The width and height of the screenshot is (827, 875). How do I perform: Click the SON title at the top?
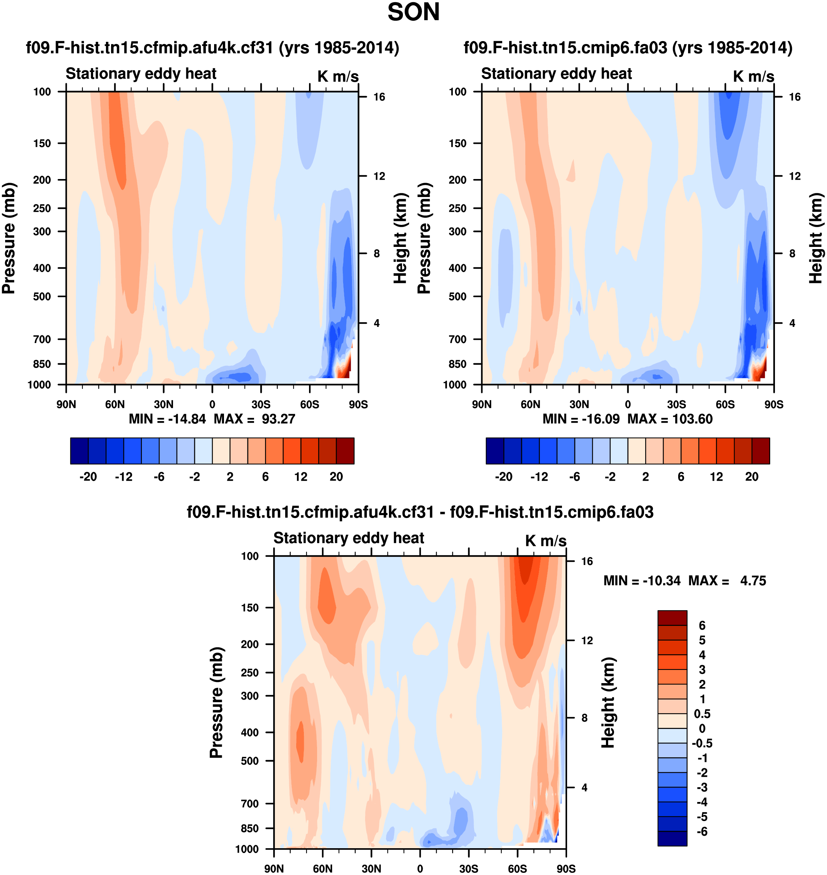413,12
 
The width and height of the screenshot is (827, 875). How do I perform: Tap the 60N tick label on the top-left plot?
115,404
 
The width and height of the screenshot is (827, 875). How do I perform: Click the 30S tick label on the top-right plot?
676,404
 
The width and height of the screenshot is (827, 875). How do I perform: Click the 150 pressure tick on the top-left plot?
42,143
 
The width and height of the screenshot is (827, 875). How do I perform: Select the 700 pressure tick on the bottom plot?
250,803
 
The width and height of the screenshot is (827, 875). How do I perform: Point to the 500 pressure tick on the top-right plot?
457,296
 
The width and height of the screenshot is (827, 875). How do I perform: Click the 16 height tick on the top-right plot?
794,97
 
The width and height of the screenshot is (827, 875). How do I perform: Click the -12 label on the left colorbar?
124,477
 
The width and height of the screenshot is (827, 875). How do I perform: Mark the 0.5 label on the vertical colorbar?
702,714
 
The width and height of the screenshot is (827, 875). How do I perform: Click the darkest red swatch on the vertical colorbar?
672,618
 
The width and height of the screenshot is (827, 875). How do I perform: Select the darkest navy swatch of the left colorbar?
79,451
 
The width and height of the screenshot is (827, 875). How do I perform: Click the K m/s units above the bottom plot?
545,541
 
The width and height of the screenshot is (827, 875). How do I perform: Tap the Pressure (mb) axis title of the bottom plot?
216,703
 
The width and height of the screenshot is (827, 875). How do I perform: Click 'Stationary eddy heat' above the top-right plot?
556,74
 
